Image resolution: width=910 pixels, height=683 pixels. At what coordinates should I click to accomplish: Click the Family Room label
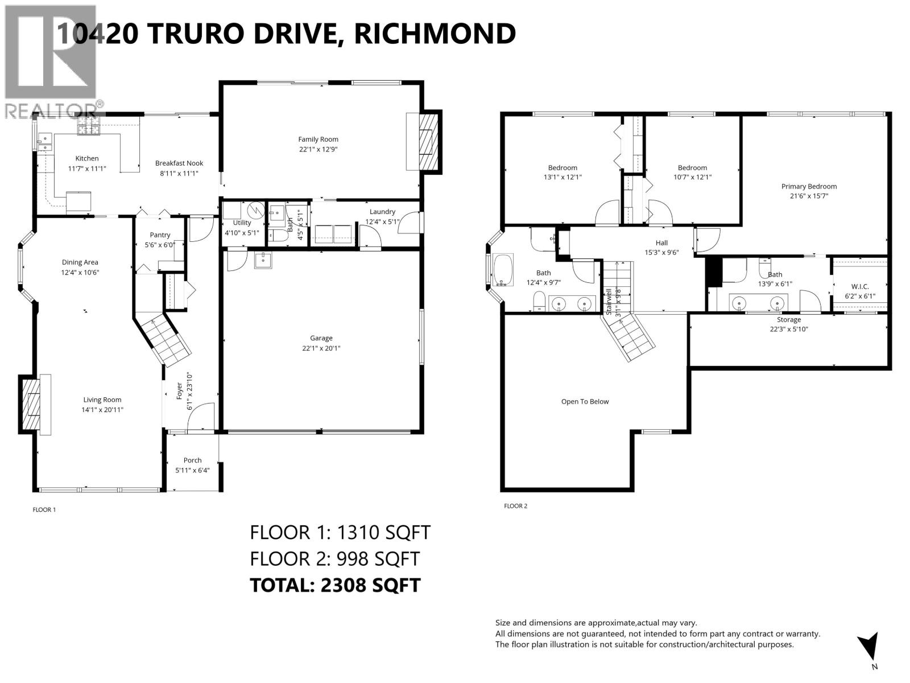point(318,139)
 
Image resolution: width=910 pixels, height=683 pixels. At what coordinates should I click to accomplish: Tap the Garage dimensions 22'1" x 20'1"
point(321,348)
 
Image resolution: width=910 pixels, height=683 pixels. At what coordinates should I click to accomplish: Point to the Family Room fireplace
point(425,142)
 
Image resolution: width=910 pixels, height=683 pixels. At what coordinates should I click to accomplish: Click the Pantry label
point(160,234)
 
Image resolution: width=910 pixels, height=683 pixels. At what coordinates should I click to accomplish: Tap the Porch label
point(192,460)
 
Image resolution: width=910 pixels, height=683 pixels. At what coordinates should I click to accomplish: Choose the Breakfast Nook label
point(179,163)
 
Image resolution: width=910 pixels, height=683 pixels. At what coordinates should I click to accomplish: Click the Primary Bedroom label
point(809,186)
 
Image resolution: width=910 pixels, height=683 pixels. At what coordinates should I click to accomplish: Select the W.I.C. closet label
point(859,286)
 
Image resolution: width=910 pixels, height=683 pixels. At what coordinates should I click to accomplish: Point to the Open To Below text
point(585,401)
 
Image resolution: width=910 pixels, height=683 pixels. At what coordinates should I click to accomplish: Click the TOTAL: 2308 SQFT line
point(335,585)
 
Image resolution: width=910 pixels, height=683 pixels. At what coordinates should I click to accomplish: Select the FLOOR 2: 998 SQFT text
point(334,558)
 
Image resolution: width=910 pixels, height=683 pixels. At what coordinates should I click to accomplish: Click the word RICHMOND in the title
point(435,33)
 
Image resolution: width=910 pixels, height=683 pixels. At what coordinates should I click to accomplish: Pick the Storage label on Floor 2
point(788,319)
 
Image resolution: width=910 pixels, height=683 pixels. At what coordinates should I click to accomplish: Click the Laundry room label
point(382,211)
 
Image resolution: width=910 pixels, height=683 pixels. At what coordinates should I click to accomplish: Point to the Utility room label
point(242,223)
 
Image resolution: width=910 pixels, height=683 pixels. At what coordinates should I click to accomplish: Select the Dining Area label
point(80,262)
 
